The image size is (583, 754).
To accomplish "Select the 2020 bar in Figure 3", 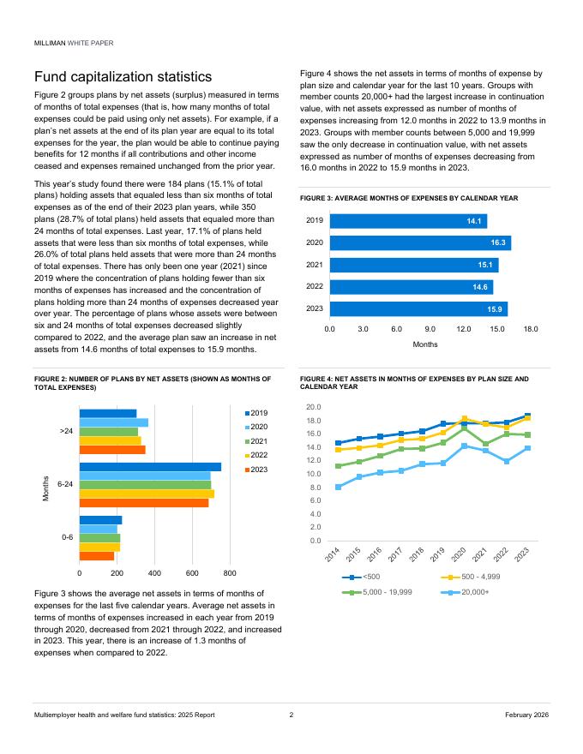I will [x=420, y=243].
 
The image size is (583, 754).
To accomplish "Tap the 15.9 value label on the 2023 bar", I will [x=494, y=308].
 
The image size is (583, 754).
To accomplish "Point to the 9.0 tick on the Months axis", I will [x=430, y=328].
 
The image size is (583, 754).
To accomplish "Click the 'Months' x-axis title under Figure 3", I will [x=425, y=344].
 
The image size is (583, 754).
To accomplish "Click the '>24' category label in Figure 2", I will [x=66, y=431].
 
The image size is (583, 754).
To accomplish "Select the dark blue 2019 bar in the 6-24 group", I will [x=150, y=467].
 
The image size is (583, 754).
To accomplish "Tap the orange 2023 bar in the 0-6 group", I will [x=97, y=556].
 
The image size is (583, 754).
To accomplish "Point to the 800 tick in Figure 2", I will [x=230, y=572].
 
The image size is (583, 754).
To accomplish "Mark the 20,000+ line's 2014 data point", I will [x=339, y=487].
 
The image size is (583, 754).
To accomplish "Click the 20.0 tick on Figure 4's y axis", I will [x=314, y=407].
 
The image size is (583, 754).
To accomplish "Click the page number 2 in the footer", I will [x=291, y=715].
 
